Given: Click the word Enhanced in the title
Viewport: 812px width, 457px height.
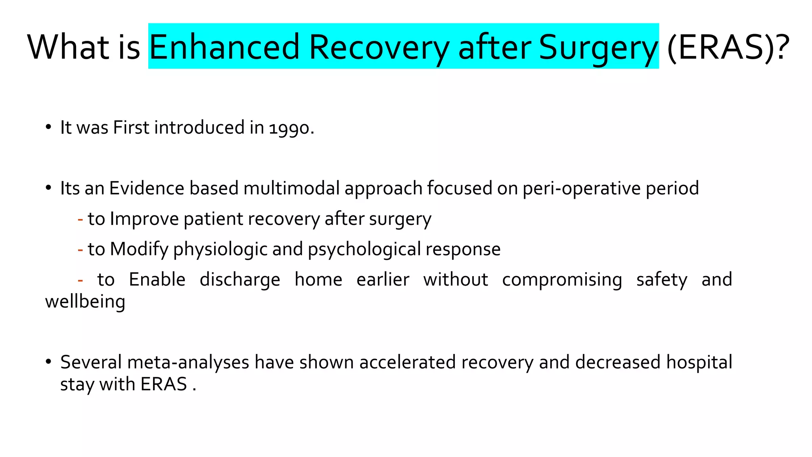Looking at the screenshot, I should pos(224,47).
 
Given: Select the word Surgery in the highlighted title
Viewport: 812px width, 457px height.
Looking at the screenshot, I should pos(598,47).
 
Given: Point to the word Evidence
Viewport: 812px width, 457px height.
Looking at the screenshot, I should pos(147,188).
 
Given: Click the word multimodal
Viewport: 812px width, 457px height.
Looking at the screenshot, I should pos(291,188).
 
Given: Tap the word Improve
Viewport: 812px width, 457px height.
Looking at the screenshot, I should pos(144,219).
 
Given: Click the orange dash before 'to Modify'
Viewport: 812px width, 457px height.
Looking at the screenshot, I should pos(80,250).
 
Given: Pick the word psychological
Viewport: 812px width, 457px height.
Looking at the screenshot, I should pos(364,250).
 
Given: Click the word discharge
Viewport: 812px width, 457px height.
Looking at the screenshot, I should pos(240,280).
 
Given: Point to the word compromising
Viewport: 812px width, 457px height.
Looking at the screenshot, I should pos(562,280).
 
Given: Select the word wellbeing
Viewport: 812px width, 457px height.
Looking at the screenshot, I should pos(85,301).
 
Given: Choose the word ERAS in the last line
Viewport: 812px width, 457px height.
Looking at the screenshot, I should pos(164,384).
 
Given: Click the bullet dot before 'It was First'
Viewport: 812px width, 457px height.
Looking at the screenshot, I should pos(48,127).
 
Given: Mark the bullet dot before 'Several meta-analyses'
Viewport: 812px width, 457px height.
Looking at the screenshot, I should pos(48,362).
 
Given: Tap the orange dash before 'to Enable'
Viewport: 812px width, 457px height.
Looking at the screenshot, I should pos(80,280).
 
